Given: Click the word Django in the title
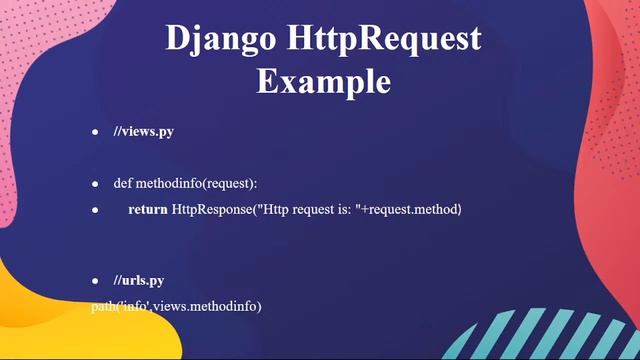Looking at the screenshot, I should coord(210,40).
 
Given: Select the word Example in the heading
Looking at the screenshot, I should coord(322,80).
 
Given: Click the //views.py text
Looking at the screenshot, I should coord(143,132).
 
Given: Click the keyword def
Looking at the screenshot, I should coord(122,184).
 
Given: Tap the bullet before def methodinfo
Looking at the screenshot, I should coord(96,185).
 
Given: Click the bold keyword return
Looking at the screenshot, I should coord(148,210).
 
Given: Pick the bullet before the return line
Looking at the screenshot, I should coord(96,211).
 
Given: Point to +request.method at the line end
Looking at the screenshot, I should coord(410,210).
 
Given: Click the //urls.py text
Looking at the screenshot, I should coord(139,280).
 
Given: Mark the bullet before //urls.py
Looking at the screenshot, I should coord(96,281).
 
